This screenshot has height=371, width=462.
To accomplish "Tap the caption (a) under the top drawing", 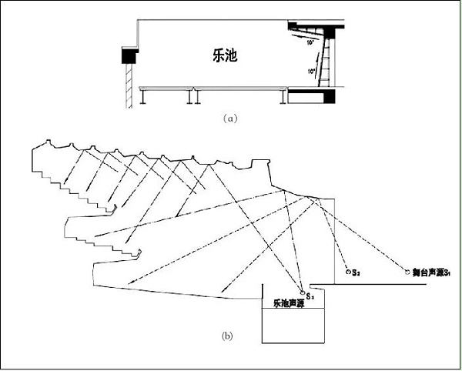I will pos(228,119).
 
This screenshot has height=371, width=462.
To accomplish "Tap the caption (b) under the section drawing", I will pos(228,336).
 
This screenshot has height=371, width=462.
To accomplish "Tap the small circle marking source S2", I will pos(347,272).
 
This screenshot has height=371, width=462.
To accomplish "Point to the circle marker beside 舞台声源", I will pos(407,271).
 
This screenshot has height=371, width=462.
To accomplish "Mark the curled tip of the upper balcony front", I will pos(114,207).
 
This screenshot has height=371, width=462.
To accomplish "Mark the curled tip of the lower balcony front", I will pos(142,253).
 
